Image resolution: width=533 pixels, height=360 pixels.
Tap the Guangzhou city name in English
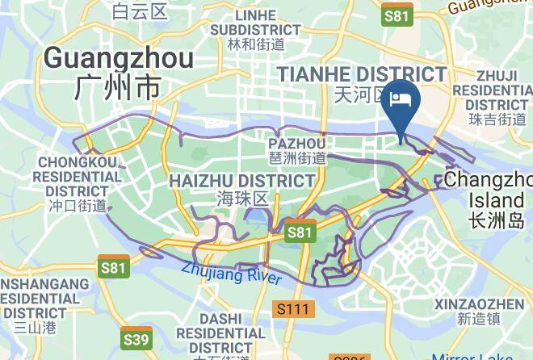coord(118,58)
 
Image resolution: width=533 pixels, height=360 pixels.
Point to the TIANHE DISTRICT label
coord(361,74)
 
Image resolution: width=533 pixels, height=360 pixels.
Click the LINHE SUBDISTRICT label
coord(255,23)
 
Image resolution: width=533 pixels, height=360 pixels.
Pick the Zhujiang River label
coord(231,274)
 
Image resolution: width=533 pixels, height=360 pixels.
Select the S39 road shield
coord(136,338)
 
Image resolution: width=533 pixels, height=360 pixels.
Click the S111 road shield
coord(293,308)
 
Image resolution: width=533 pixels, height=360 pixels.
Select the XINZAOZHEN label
coord(479,303)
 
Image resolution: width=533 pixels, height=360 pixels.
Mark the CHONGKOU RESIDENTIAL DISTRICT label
coord(78,177)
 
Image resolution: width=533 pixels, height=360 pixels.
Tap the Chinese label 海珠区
coord(241,199)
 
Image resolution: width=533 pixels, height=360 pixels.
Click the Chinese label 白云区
coord(139,12)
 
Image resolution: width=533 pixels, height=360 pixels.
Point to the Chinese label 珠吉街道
coord(497,119)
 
